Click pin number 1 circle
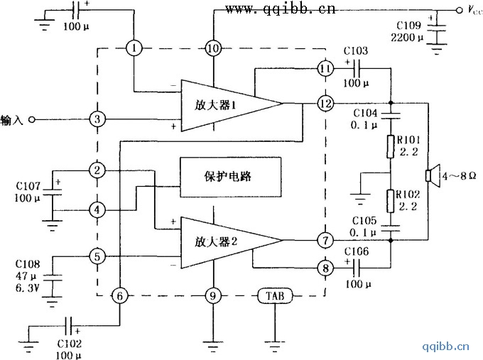pyautogui.click(x=134, y=48)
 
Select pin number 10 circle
pyautogui.click(x=212, y=48)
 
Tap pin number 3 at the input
pyautogui.click(x=98, y=119)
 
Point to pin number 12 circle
pyautogui.click(x=325, y=103)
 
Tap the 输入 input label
pyautogui.click(x=13, y=119)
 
